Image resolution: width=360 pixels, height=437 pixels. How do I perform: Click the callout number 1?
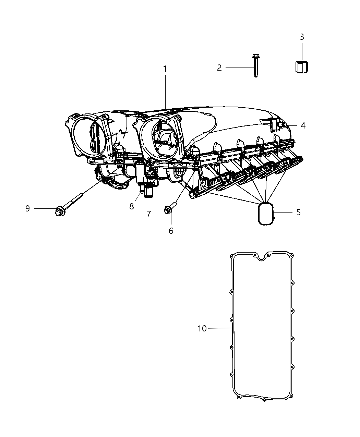pos(165,69)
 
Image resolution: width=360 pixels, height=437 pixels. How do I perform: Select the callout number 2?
pos(219,68)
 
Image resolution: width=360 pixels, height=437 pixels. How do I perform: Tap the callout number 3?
pos(302,37)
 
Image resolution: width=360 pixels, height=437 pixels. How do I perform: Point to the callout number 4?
pos(303,126)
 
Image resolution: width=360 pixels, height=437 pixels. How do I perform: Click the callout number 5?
pos(298,213)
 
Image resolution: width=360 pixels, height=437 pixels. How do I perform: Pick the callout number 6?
pos(171,231)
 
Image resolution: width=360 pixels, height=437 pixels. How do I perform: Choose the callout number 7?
pos(148,214)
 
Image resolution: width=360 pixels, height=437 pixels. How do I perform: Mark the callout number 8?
pos(132,207)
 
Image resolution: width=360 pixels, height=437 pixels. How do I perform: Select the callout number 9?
pos(27,208)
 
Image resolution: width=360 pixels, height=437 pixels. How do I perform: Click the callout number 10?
pos(202,328)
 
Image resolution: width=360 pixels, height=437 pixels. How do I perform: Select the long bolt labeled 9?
pos(69,205)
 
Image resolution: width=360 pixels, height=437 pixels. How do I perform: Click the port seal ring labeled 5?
pos(266,215)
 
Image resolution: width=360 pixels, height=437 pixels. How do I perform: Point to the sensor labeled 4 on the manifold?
pos(274,125)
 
